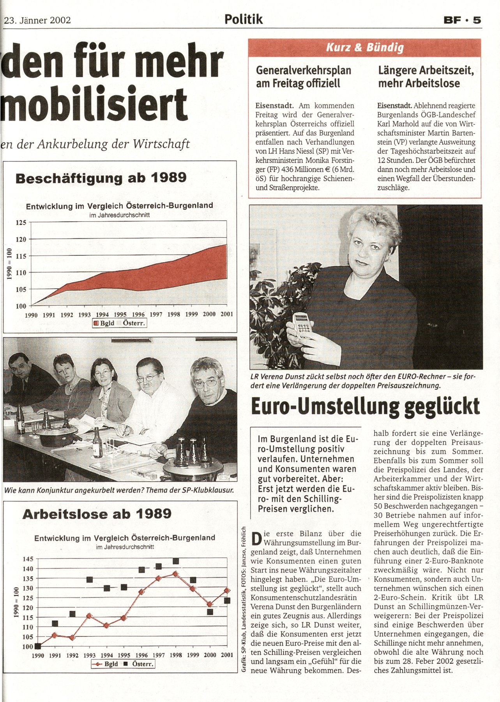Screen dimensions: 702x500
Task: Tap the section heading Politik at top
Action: pos(244,19)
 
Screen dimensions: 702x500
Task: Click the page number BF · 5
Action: pos(462,20)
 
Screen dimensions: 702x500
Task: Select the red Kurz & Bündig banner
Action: pos(365,48)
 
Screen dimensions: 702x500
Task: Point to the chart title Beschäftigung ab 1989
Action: pos(101,178)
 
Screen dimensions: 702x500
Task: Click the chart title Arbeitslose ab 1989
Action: pos(97,514)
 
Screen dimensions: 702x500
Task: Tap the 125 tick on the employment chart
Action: pos(21,223)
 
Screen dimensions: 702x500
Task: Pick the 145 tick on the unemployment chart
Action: pos(28,559)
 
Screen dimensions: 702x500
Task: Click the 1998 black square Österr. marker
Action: pos(176,561)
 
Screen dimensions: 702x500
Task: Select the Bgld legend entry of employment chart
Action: pos(104,323)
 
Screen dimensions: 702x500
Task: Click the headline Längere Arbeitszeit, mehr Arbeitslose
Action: pos(426,77)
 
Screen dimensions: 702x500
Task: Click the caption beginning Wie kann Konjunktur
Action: pos(119,491)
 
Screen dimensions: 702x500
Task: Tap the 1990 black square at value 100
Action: pos(38,646)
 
